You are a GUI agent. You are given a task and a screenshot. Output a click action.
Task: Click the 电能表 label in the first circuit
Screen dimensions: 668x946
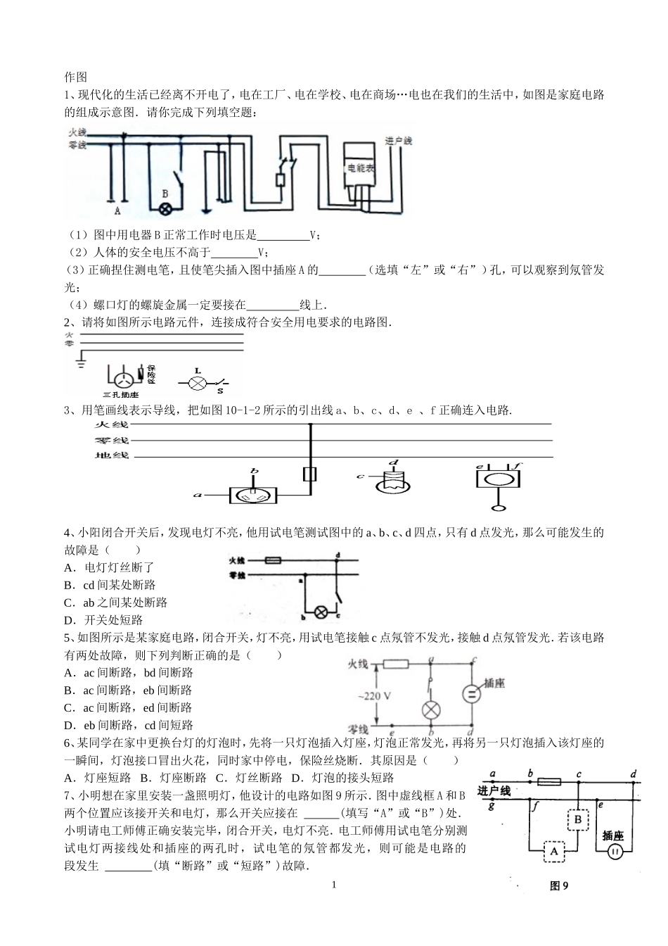tap(361, 169)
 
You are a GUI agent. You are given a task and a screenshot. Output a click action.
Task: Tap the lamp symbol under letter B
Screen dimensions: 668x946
tap(166, 208)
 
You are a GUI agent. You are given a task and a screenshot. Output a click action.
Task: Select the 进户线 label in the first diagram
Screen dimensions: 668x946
tap(399, 141)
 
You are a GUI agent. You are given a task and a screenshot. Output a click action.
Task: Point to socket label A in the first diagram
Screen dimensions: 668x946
tap(117, 210)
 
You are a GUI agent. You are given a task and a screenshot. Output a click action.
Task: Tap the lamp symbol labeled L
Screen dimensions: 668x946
tap(198, 383)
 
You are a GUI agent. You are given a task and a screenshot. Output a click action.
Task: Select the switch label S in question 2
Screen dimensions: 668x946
tap(219, 391)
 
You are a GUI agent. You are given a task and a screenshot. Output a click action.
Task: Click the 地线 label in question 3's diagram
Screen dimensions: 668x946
tap(112, 455)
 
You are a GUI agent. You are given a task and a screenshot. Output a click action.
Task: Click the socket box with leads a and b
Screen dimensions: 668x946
tap(253, 496)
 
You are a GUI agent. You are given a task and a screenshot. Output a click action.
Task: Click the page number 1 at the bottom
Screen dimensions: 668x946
tap(334, 884)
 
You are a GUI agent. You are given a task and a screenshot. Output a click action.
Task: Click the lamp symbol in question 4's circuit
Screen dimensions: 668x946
tap(321, 611)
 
